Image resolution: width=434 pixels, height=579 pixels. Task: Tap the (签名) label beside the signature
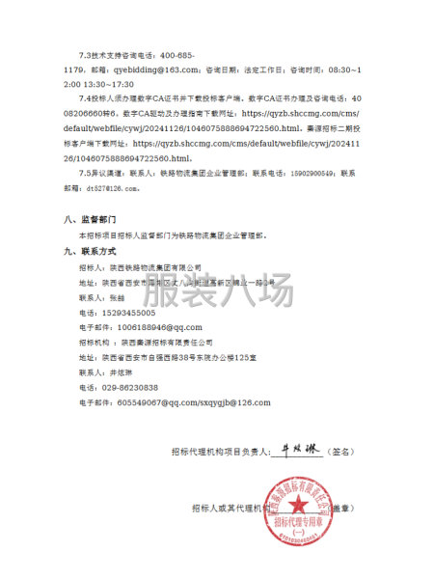(x=342, y=451)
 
